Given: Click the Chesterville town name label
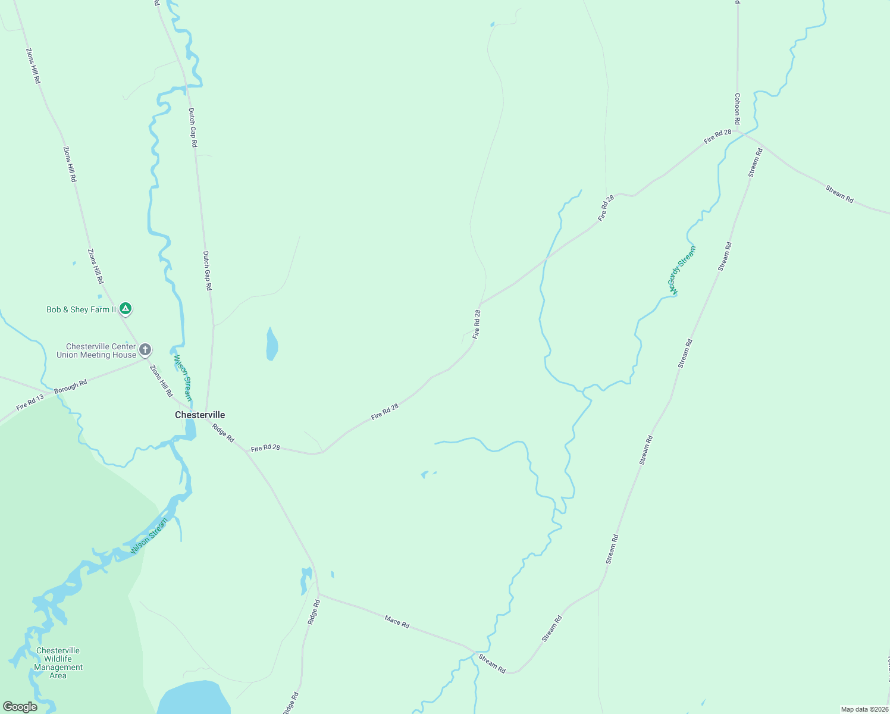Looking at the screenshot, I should (x=200, y=415).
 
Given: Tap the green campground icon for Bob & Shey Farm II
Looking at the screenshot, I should (x=125, y=309).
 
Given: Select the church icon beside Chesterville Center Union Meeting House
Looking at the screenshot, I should (x=145, y=350).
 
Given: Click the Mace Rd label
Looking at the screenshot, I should (x=397, y=622).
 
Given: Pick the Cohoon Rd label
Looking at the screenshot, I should (x=737, y=109).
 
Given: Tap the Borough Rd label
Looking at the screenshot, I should (x=70, y=386).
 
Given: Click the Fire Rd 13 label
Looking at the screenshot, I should (x=30, y=403).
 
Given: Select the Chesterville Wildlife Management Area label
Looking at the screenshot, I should (x=58, y=663).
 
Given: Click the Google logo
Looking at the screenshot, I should (x=20, y=707).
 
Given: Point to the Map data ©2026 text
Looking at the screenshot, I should (x=864, y=709).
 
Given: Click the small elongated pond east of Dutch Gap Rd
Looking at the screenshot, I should (x=271, y=345).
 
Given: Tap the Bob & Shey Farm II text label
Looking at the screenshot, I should (x=82, y=309).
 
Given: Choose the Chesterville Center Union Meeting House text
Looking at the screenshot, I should (x=96, y=350).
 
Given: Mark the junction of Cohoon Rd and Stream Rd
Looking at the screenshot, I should (x=738, y=132).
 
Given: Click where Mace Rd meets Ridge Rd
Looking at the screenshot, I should (x=318, y=594).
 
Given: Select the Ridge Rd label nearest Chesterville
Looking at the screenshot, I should (x=223, y=433).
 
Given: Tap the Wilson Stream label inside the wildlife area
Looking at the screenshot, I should (x=149, y=536).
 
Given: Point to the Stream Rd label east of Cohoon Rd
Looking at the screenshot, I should (x=839, y=194).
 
